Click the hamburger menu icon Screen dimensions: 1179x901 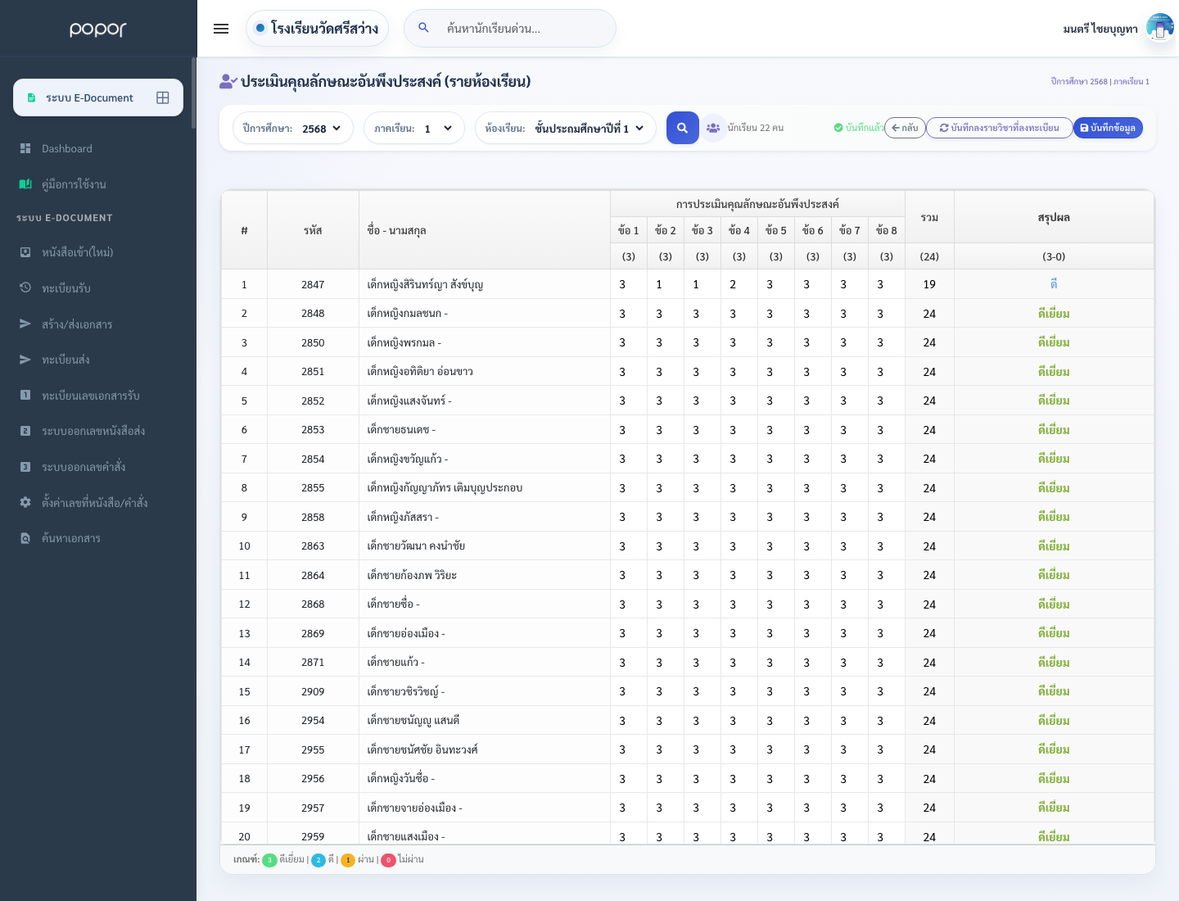tap(221, 29)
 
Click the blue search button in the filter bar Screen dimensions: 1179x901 tap(682, 128)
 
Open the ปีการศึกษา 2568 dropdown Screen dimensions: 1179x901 tap(293, 129)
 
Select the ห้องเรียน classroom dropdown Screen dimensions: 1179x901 tap(565, 129)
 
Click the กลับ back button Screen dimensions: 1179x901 tap(905, 128)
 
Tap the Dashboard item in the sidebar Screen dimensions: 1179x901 tap(66, 148)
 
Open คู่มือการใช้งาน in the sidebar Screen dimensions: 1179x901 tap(74, 184)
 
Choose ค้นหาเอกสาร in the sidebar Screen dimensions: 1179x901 tap(71, 538)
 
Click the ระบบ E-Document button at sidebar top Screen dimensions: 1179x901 tap(98, 97)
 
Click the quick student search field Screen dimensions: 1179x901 tap(510, 29)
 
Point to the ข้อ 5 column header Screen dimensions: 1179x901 tap(775, 230)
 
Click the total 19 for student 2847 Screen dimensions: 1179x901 tap(929, 284)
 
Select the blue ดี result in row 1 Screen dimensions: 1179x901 tap(1053, 284)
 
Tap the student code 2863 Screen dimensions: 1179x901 tap(313, 546)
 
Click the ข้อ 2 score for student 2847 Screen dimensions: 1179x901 tap(659, 284)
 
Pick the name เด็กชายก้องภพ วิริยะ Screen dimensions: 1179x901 tap(412, 575)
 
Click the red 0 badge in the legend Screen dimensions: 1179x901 tap(388, 859)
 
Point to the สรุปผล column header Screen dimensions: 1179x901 tap(1053, 218)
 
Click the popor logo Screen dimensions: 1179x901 tap(98, 29)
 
